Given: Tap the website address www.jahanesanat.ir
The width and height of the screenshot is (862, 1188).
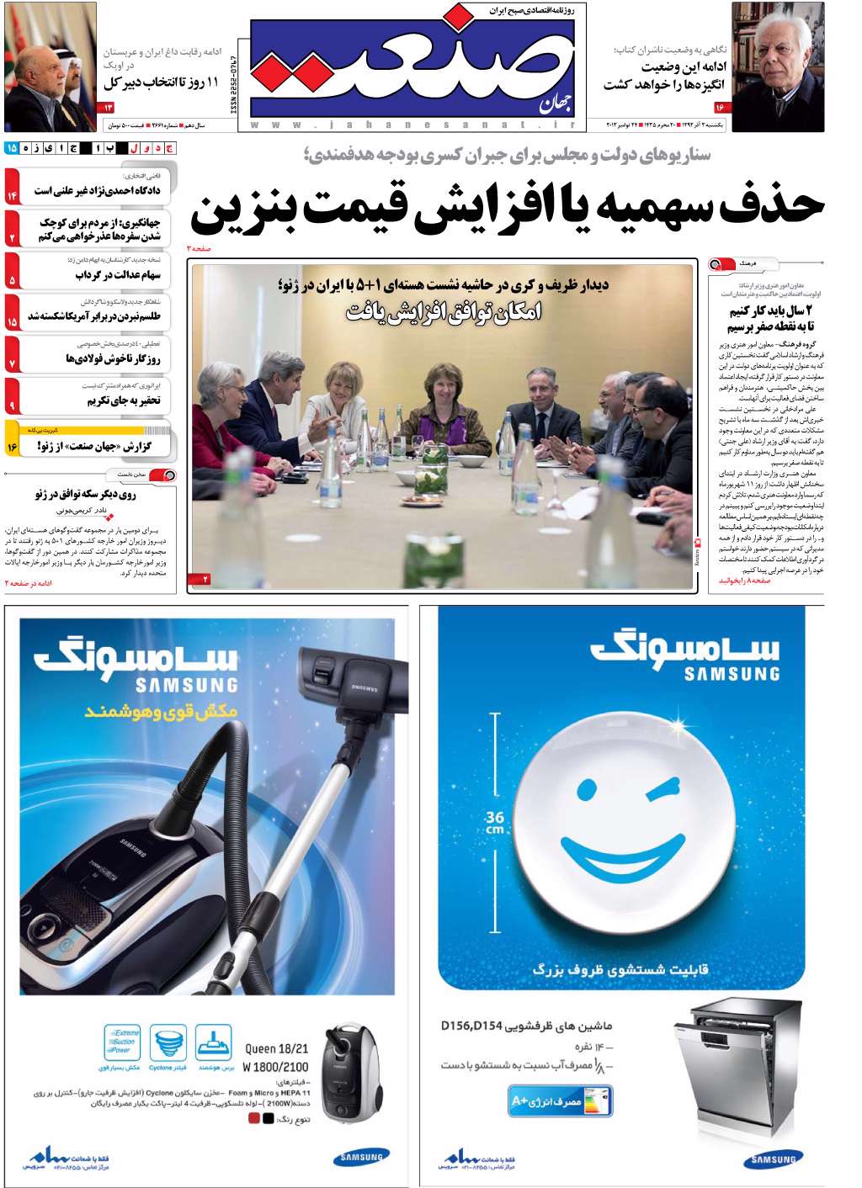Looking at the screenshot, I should (x=412, y=125).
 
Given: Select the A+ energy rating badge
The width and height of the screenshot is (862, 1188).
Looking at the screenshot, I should (x=560, y=1101).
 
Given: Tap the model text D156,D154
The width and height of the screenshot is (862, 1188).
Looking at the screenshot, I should (x=471, y=1026).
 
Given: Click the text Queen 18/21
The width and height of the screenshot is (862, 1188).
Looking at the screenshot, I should (x=277, y=1048).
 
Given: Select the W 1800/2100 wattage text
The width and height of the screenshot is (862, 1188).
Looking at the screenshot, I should (x=275, y=1067).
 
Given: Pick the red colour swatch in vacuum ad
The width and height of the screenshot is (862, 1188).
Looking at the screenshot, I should (x=254, y=1119).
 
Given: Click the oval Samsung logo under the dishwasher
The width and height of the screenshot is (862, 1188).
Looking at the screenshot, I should (x=773, y=1160).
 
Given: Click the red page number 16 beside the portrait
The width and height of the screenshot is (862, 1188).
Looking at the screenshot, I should (x=720, y=108).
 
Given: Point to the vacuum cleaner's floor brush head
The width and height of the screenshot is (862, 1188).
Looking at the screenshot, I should (x=341, y=680).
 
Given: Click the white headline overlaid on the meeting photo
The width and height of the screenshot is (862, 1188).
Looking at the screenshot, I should (x=444, y=313).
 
